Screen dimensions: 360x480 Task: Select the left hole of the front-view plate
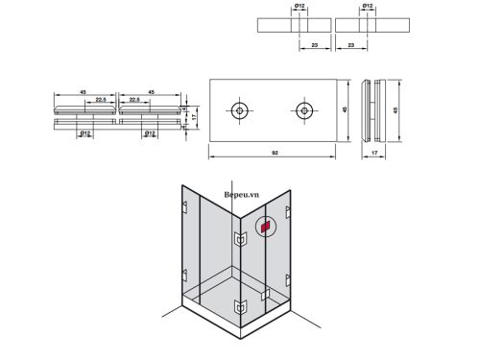click(237, 109)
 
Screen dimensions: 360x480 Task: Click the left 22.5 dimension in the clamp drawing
click(99, 99)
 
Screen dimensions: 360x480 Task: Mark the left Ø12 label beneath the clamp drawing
click(84, 133)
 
